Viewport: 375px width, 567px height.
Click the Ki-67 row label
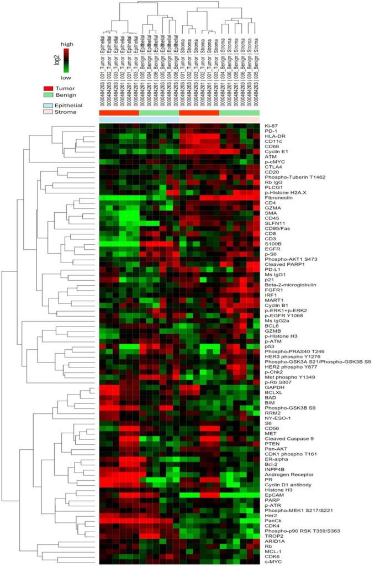tap(270, 126)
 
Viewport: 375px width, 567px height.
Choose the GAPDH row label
tap(272, 387)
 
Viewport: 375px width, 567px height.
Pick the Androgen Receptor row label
tap(286, 474)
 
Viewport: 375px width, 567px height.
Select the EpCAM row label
tap(272, 495)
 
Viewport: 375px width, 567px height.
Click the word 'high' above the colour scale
tap(66, 44)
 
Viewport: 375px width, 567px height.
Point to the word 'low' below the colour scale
tap(66, 79)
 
